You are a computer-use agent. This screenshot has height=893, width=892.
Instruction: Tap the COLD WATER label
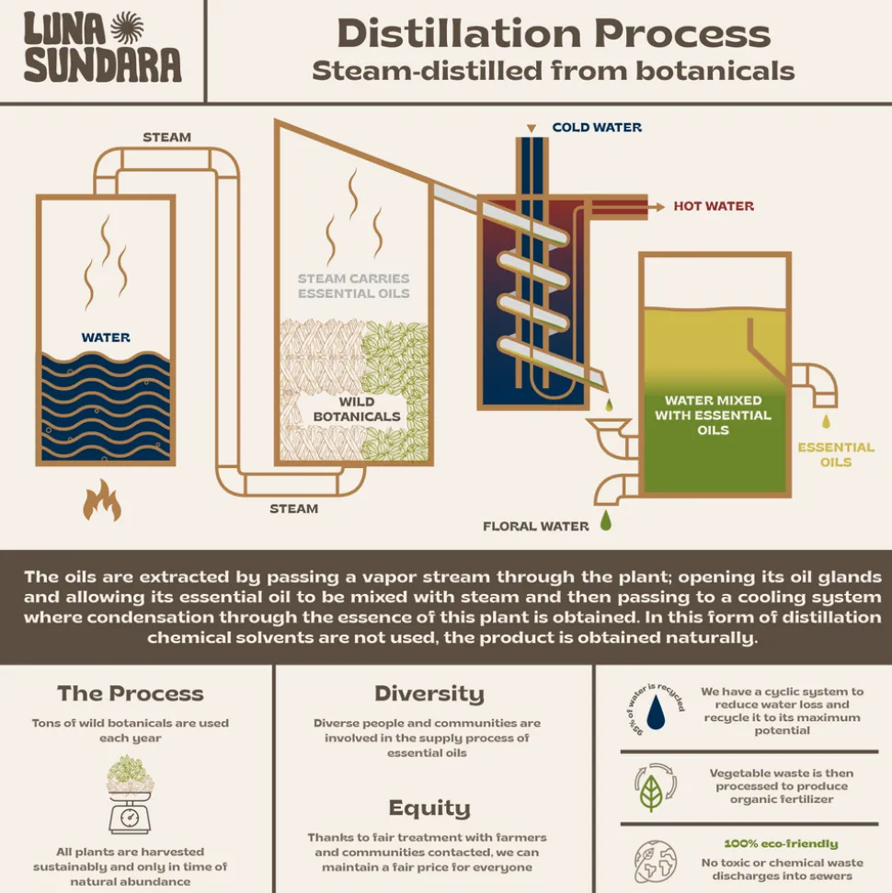[x=597, y=127]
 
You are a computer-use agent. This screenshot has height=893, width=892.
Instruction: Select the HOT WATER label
[x=714, y=206]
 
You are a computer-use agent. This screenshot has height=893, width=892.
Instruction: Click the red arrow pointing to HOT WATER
[x=658, y=207]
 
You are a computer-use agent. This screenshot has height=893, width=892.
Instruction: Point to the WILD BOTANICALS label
[x=356, y=408]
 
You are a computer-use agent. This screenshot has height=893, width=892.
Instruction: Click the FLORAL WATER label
[x=536, y=526]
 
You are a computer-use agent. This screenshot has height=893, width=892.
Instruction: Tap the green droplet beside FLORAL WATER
[x=606, y=521]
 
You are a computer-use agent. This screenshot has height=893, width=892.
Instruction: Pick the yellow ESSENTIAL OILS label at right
[x=836, y=454]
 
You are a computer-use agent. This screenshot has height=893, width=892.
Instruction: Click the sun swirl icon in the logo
[x=127, y=29]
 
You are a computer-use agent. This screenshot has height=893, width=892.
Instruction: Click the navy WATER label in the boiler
[x=106, y=338]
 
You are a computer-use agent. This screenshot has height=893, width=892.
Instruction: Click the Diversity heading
[x=429, y=693]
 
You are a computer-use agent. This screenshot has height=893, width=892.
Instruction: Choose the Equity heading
[x=429, y=808]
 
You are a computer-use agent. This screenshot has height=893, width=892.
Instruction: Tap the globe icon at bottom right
[x=655, y=862]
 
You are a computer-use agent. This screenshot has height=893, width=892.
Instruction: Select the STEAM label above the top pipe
[x=166, y=137]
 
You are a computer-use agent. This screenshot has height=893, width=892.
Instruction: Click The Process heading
[x=131, y=693]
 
